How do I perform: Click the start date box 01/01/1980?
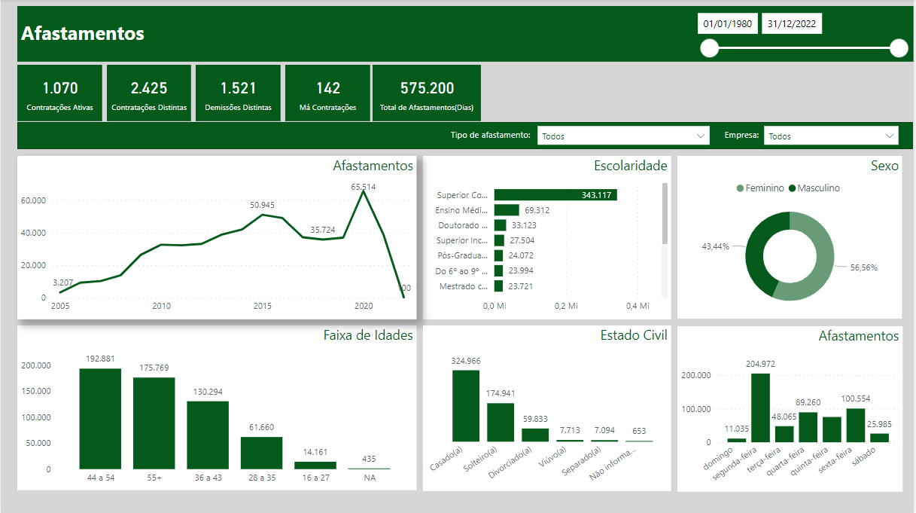click(728, 24)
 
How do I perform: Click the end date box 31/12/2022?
click(792, 24)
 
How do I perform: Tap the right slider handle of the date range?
click(899, 49)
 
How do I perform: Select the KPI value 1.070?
click(60, 88)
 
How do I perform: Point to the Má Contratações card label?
click(328, 108)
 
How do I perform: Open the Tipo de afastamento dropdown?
click(623, 136)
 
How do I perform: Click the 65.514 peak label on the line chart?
click(364, 186)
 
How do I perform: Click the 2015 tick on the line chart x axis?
click(263, 306)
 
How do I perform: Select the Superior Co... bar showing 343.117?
click(555, 195)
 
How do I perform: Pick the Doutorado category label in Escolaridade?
click(462, 225)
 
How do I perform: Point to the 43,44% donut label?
click(715, 246)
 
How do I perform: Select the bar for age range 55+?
click(154, 423)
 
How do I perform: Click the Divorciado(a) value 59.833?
click(535, 419)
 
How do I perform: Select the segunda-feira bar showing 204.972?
click(760, 408)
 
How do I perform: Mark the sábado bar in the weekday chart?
click(879, 438)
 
